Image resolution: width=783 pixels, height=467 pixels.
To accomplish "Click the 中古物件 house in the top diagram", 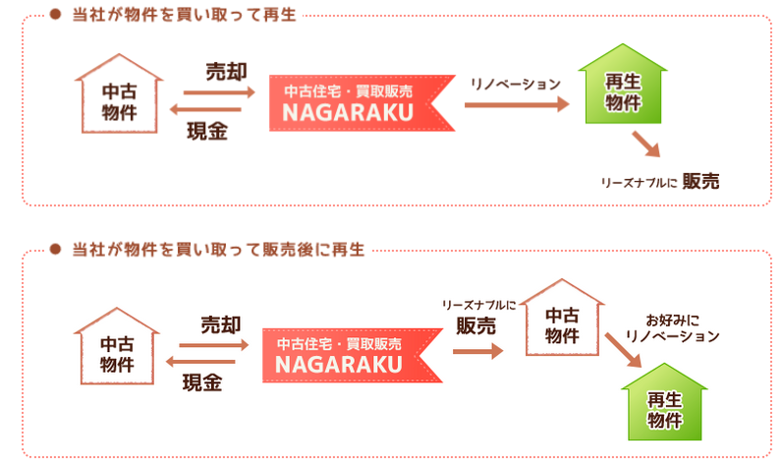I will click(x=118, y=95).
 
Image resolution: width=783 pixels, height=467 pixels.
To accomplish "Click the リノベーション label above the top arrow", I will click(x=515, y=84).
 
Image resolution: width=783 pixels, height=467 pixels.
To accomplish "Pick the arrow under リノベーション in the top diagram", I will click(x=516, y=103).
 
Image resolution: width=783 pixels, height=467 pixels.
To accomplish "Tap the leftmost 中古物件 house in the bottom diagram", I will click(x=116, y=351).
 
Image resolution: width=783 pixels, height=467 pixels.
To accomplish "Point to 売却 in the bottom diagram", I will click(x=219, y=323).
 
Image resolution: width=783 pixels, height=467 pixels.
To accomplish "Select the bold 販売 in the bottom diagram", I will click(x=476, y=327).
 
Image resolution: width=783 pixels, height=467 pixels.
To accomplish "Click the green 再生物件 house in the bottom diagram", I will click(x=664, y=405).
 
